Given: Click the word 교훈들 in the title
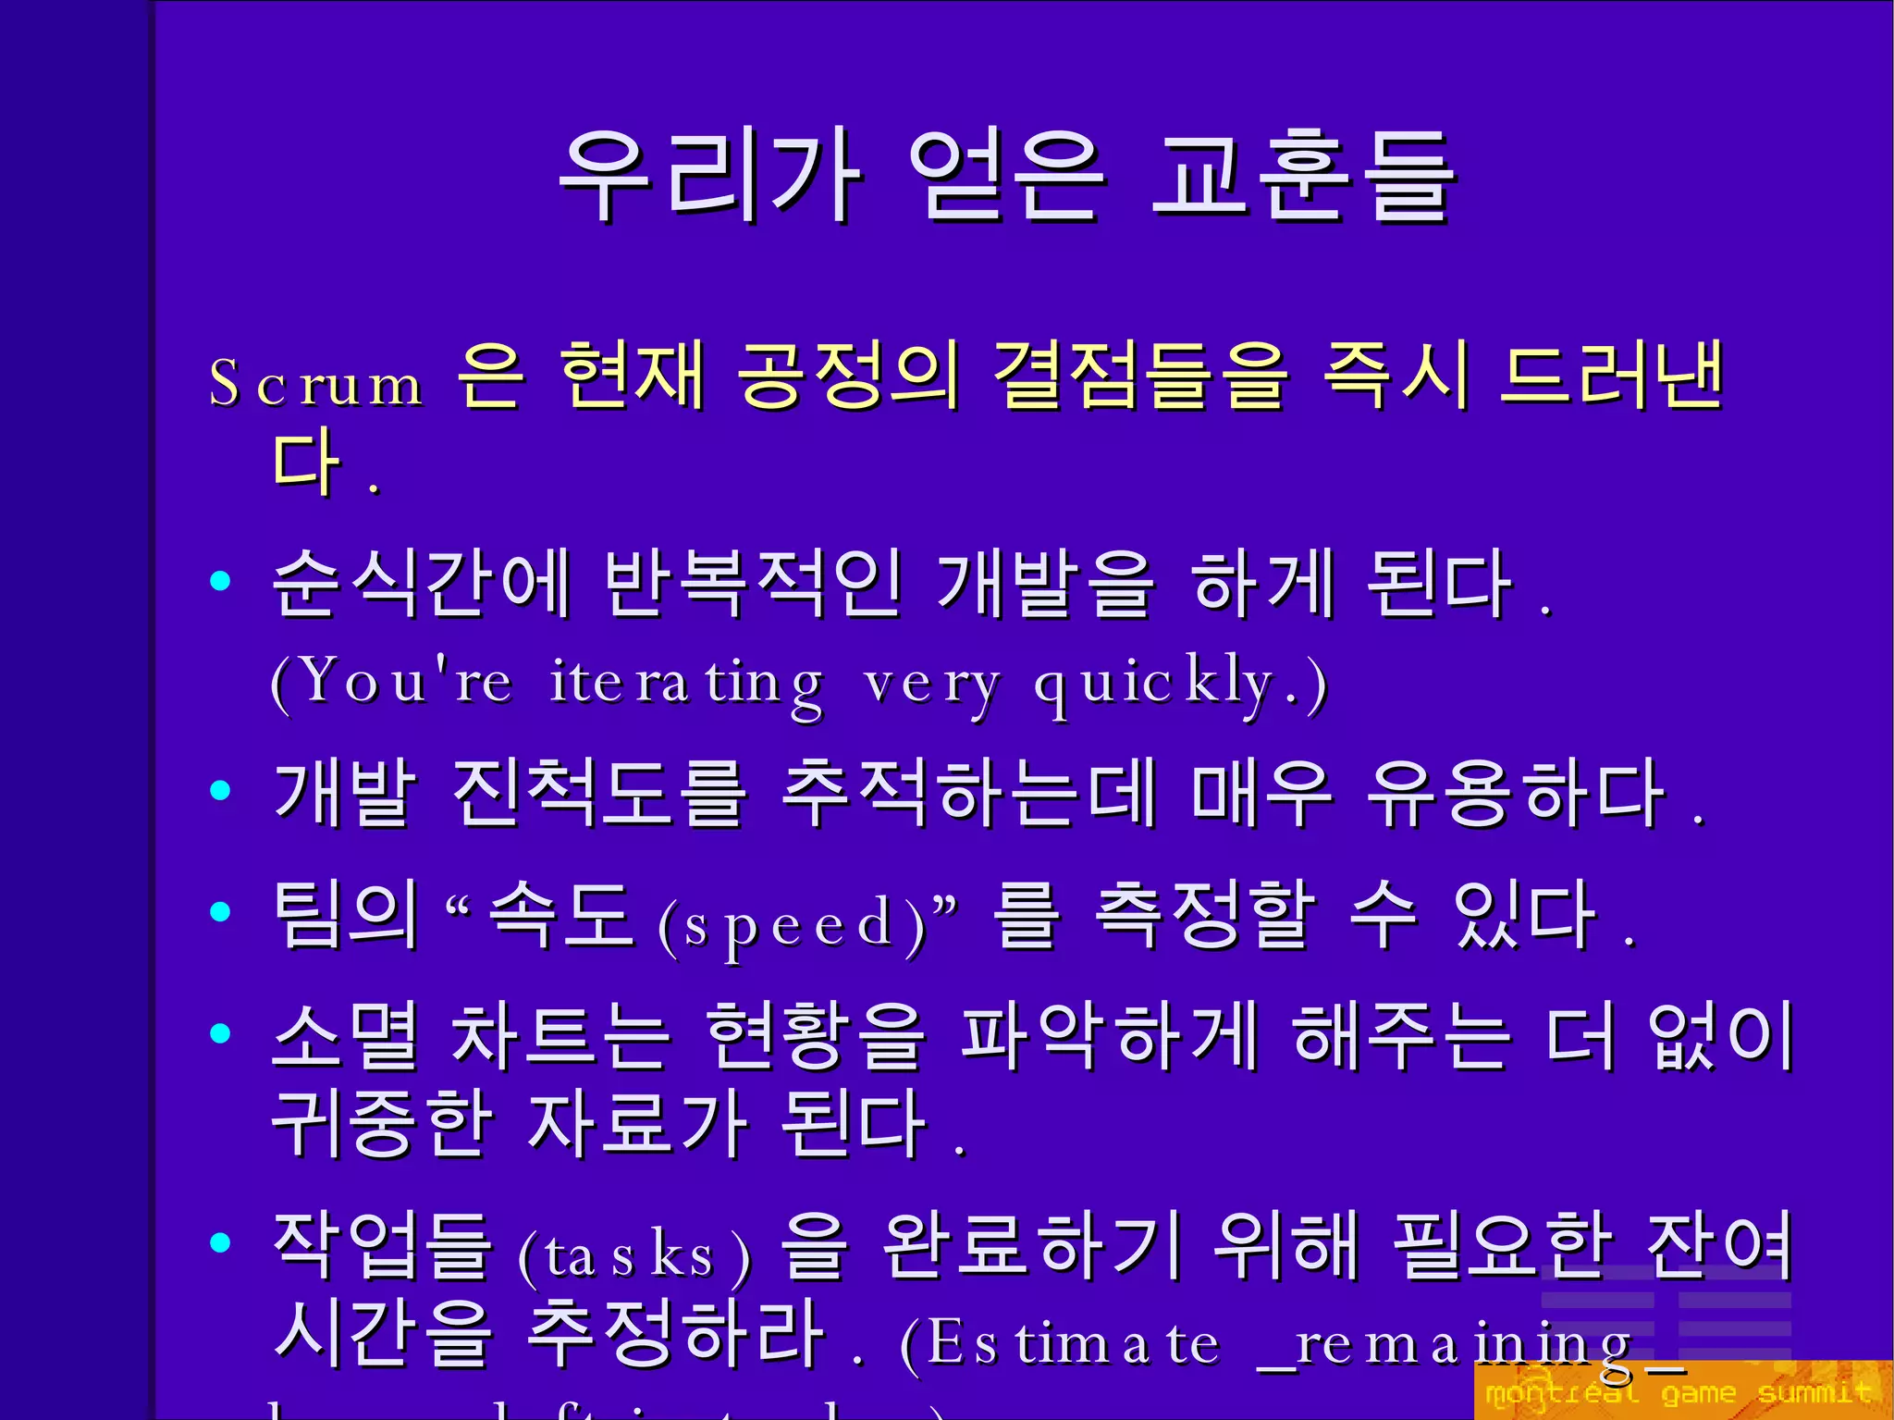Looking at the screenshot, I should click(1302, 176).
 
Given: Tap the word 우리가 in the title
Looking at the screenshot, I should click(710, 176).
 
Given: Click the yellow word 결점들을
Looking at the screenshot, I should click(1139, 376).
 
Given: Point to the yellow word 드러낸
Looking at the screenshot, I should click(1611, 376).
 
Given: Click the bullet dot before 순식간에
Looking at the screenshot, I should click(220, 581).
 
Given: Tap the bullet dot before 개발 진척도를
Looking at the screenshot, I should click(220, 790).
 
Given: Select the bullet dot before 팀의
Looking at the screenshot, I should click(220, 911).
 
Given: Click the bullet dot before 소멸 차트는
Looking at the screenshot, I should click(220, 1032).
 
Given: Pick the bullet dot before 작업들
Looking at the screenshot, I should click(220, 1242).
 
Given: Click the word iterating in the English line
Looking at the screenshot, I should click(685, 685).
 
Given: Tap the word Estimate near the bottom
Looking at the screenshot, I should click(1073, 1344).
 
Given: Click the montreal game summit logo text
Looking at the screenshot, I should click(1678, 1392).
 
